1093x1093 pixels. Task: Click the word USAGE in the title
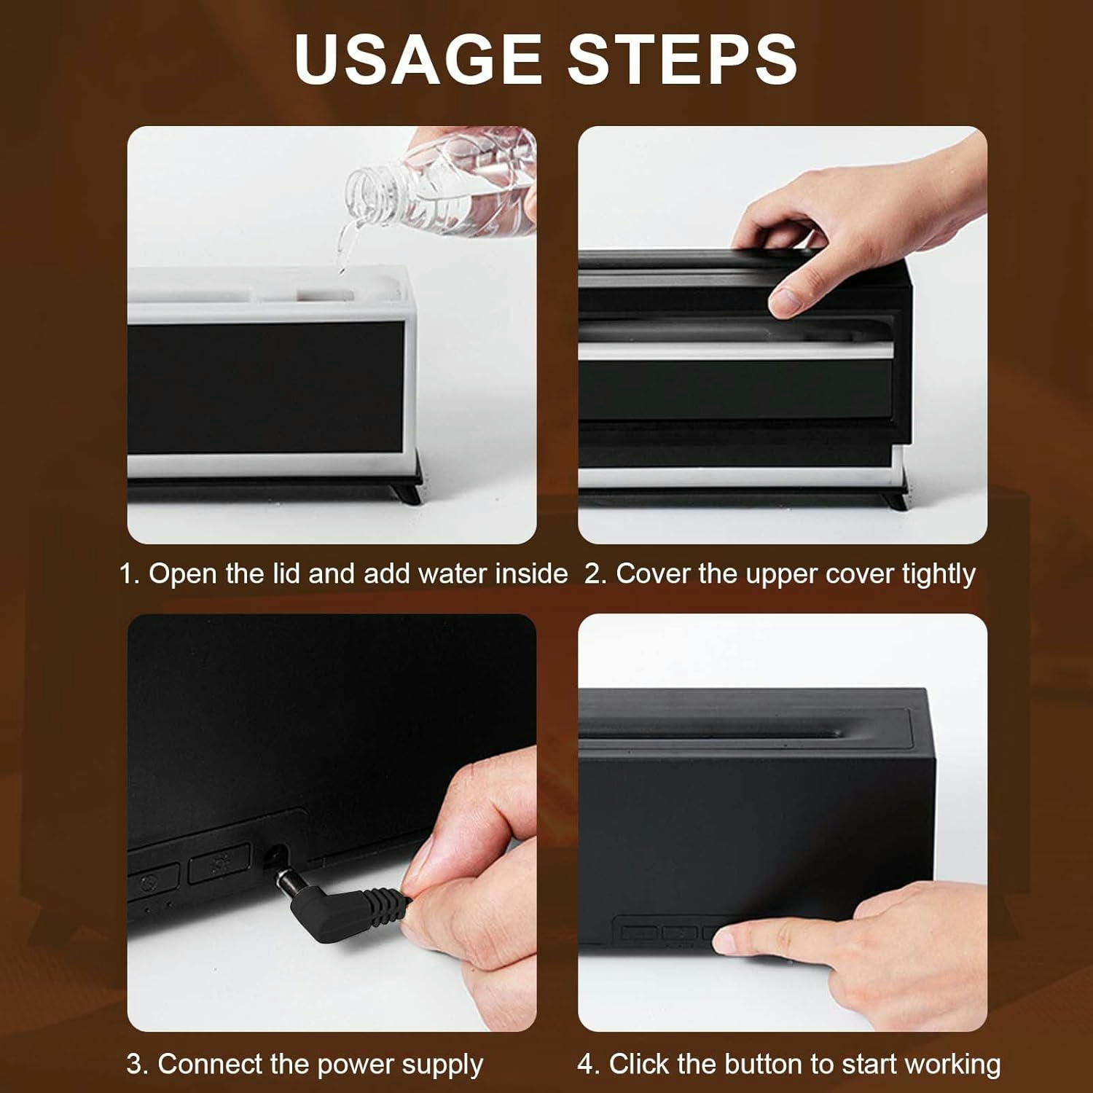pyautogui.click(x=418, y=58)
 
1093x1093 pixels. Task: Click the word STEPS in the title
pyautogui.click(x=683, y=58)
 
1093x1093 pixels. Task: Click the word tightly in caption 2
pyautogui.click(x=939, y=574)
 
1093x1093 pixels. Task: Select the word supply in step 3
pyautogui.click(x=442, y=1066)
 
